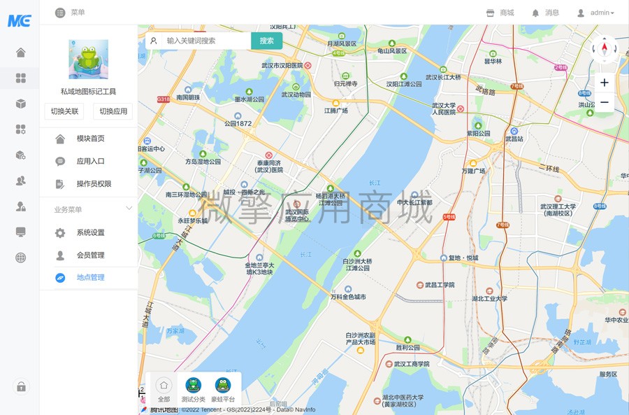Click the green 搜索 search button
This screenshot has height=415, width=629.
pyautogui.click(x=266, y=41)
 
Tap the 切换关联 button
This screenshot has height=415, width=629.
pyautogui.click(x=65, y=111)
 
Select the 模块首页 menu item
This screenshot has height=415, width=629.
pyautogui.click(x=90, y=139)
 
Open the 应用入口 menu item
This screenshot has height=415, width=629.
pyautogui.click(x=90, y=161)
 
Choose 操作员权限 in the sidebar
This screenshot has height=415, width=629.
pyautogui.click(x=94, y=184)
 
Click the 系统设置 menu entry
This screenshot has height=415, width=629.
pyautogui.click(x=90, y=232)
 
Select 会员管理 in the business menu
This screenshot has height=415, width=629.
pyautogui.click(x=90, y=255)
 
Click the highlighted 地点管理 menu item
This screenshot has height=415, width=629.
pyautogui.click(x=90, y=277)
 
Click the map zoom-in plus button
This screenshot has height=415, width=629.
pyautogui.click(x=605, y=83)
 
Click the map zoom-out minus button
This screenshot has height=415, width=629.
pyautogui.click(x=605, y=102)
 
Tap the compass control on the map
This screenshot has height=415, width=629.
pyautogui.click(x=605, y=49)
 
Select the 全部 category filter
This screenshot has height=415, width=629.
pyautogui.click(x=164, y=389)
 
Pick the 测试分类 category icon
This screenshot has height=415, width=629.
pyautogui.click(x=194, y=389)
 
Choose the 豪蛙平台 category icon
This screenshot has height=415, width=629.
pyautogui.click(x=223, y=389)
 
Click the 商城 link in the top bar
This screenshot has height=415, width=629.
pyautogui.click(x=500, y=13)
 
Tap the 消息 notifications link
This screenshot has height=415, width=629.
pyautogui.click(x=545, y=13)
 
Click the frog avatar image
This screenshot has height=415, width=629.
pyautogui.click(x=88, y=59)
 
